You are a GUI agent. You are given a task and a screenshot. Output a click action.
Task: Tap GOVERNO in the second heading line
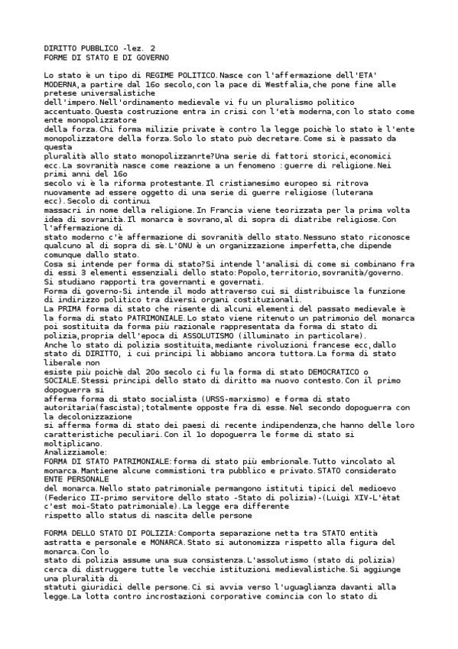(x=151, y=57)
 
